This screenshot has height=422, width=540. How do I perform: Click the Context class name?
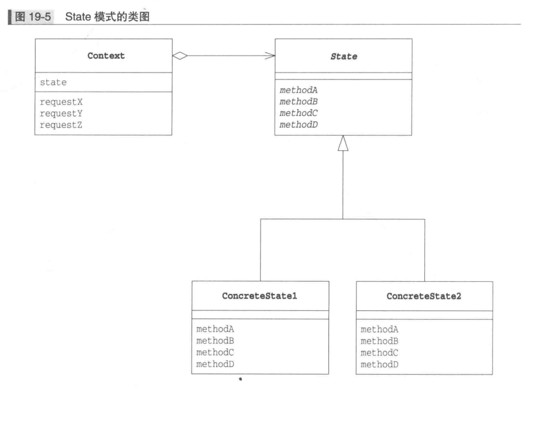pyautogui.click(x=106, y=56)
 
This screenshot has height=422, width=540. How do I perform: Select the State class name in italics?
pyautogui.click(x=343, y=57)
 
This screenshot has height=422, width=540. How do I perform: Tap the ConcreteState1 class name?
pyautogui.click(x=259, y=296)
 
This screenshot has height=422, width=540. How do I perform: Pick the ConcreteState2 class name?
pyautogui.click(x=424, y=296)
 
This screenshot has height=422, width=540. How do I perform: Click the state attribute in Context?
pyautogui.click(x=53, y=82)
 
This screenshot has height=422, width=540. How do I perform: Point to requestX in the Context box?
pyautogui.click(x=61, y=101)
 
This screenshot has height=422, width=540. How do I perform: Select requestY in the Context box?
pyautogui.click(x=61, y=113)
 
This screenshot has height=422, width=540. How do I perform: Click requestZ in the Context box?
pyautogui.click(x=61, y=124)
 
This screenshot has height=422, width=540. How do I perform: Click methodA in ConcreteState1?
pyautogui.click(x=215, y=330)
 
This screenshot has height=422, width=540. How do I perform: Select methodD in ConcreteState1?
pyautogui.click(x=215, y=364)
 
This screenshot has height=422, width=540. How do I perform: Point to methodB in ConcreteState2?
pyautogui.click(x=379, y=341)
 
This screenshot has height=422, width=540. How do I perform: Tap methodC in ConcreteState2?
pyautogui.click(x=379, y=352)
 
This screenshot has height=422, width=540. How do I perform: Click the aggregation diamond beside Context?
pyautogui.click(x=180, y=56)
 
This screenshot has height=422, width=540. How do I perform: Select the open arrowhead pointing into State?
pyautogui.click(x=270, y=56)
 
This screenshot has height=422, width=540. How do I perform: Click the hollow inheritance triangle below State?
pyautogui.click(x=343, y=143)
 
